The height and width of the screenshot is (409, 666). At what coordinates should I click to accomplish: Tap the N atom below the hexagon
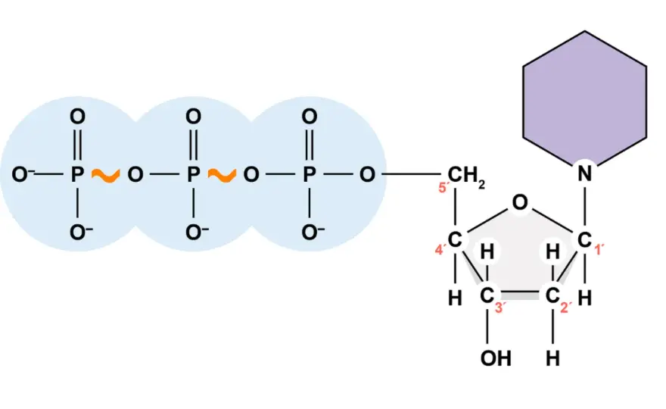click(585, 173)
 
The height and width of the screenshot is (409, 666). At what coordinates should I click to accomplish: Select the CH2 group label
click(466, 176)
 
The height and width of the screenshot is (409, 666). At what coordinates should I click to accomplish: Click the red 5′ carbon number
click(443, 187)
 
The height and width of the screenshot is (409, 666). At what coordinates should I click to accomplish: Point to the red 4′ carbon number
click(440, 250)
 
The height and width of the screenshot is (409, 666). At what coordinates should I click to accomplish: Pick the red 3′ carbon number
click(499, 308)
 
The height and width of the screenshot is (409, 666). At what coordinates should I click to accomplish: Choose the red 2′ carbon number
click(565, 308)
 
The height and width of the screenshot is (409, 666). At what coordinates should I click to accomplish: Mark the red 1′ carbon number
click(599, 250)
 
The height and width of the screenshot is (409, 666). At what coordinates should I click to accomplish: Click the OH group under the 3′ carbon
click(496, 358)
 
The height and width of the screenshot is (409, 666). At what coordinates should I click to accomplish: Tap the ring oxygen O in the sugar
click(520, 203)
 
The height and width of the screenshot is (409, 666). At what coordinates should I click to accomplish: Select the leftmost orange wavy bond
click(106, 175)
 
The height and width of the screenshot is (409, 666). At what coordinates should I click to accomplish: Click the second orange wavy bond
click(222, 175)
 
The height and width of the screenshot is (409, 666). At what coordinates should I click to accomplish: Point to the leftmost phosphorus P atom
click(77, 174)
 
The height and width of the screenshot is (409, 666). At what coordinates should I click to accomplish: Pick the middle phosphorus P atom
click(193, 174)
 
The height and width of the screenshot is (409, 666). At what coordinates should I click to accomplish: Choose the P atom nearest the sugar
click(310, 174)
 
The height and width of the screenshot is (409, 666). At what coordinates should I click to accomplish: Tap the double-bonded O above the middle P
click(193, 117)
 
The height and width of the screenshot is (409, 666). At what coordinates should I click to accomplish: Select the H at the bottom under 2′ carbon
click(552, 358)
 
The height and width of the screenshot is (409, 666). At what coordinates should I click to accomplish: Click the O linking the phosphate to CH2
click(367, 174)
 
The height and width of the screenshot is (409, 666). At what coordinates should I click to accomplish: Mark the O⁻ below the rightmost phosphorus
click(313, 232)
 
